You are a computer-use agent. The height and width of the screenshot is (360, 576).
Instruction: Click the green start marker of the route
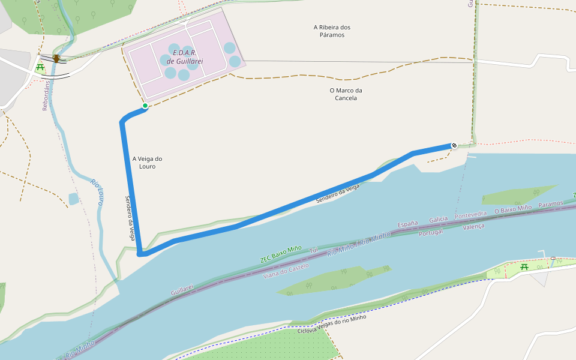point(145,106)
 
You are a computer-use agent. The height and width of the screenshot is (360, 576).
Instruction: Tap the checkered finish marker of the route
point(454,145)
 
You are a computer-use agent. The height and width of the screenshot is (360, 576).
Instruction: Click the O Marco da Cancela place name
point(347,94)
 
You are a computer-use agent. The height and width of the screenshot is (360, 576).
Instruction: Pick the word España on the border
point(408,225)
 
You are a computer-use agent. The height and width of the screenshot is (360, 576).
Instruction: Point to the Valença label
point(473,226)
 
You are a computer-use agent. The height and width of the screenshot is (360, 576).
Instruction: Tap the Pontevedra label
point(471,214)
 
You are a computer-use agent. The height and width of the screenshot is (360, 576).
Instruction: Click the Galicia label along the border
point(439,220)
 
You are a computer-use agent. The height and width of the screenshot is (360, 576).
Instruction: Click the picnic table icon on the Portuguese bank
point(524,266)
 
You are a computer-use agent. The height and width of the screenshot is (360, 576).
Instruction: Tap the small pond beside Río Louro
point(73,199)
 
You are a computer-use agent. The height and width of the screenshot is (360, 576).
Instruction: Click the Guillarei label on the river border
point(182,290)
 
